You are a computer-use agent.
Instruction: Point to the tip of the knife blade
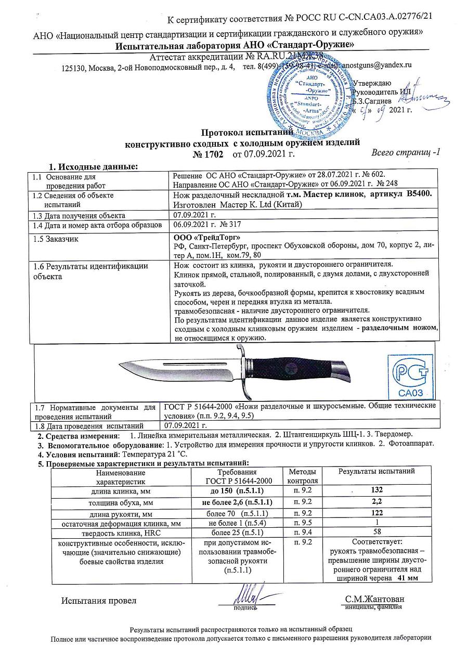[x=120, y=366]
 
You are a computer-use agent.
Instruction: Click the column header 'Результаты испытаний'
[x=376, y=472]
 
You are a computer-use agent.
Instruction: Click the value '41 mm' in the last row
[x=407, y=578]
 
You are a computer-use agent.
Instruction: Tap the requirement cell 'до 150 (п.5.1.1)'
[x=237, y=490]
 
